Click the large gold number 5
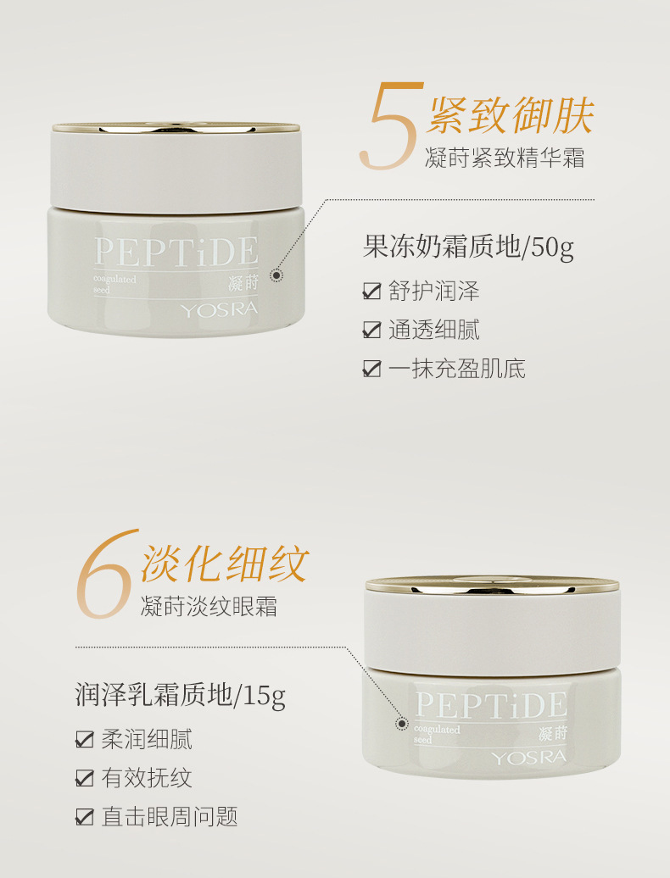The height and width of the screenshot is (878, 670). point(392,126)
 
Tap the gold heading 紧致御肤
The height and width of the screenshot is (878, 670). point(510,114)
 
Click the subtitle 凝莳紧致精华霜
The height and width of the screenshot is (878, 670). point(505,158)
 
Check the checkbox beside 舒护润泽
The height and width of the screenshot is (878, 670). point(372,292)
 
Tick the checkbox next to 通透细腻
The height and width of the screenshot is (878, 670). point(372,330)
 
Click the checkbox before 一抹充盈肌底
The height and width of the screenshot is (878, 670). point(372,369)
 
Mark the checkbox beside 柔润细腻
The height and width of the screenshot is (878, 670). point(85,739)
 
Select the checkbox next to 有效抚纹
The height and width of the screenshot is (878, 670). point(85,778)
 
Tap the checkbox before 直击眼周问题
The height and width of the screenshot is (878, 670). point(85,817)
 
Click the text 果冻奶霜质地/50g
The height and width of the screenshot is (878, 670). point(468,247)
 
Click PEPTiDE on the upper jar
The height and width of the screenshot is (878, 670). point(176,252)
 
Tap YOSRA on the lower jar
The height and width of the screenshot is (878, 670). point(529,758)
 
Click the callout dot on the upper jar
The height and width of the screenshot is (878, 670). point(276,275)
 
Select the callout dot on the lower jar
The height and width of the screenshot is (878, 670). point(402,724)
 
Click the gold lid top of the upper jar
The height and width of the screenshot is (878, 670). point(176,128)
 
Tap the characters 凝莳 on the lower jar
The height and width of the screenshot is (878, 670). point(553,734)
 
